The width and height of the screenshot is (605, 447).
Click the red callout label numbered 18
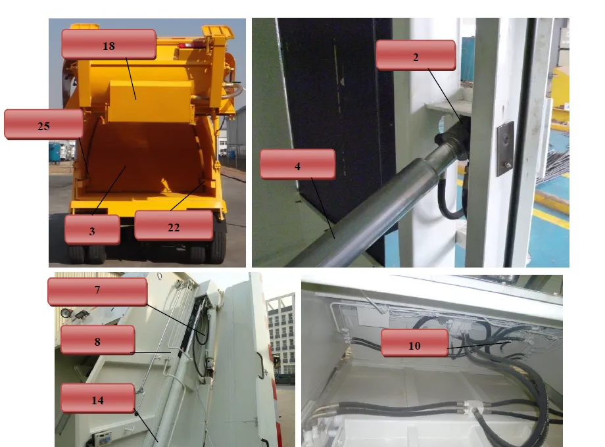109,44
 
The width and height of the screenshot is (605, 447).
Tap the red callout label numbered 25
43,124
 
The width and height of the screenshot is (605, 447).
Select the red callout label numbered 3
92,230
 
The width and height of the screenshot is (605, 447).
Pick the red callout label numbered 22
174,225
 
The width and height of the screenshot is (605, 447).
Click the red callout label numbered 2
416,55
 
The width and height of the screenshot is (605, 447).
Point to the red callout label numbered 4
297,164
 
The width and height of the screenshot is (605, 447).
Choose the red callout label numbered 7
97,292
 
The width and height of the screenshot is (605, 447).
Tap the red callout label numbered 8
97,339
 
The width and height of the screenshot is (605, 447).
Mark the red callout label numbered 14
97,398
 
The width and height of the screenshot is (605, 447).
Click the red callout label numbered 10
414,343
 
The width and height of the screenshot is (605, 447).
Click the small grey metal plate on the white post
506,149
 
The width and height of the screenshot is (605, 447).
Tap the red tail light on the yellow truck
191,45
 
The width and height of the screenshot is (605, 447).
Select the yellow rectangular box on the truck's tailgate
151,101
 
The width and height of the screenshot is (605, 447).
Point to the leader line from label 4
323,208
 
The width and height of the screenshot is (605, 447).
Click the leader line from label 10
479,345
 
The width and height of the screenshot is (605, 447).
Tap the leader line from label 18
131,79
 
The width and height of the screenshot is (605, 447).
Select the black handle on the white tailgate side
262,365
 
